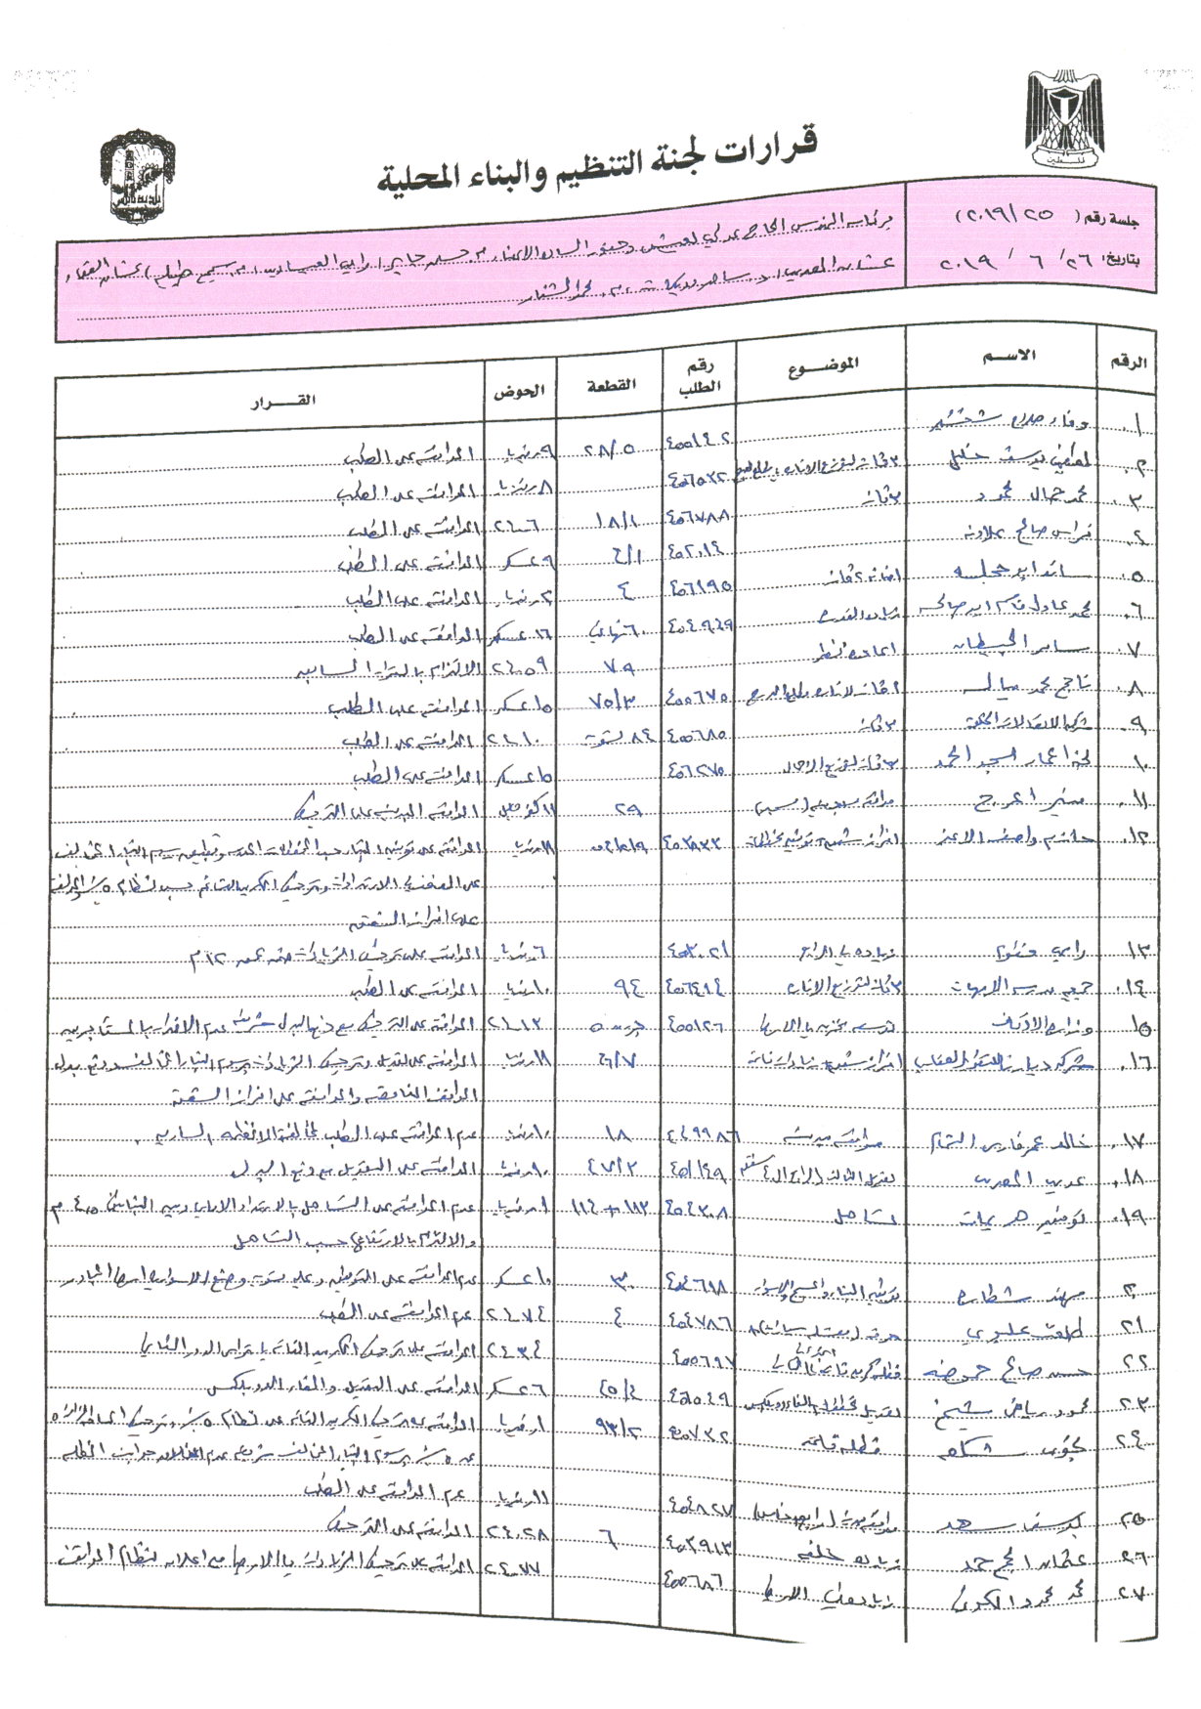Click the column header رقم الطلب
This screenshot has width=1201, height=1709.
700,374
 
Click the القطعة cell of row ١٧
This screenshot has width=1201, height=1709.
618,1136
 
